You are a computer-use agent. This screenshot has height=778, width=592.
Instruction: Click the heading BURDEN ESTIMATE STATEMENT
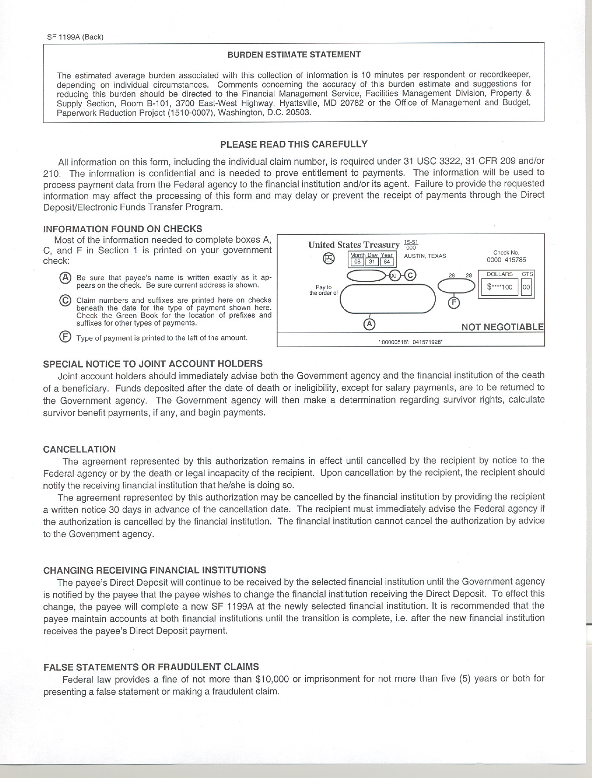coord(294,55)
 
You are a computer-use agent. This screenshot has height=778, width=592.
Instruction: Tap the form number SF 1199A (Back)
coord(75,37)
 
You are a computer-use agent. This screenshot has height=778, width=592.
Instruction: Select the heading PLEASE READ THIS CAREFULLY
coord(294,144)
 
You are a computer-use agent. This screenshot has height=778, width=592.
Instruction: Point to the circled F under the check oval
coord(453,303)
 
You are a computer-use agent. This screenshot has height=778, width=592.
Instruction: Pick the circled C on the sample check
coord(410,275)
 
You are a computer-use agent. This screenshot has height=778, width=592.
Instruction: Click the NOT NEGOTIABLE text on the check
coord(502,327)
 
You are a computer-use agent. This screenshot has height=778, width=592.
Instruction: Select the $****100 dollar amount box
coord(500,287)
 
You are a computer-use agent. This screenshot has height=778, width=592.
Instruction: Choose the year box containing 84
coord(387,262)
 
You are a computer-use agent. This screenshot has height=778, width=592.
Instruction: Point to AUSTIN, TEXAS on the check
coord(425,256)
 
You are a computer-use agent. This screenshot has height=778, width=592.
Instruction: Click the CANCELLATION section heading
coord(79,449)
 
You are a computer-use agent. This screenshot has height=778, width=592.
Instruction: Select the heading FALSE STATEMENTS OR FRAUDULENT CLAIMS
coord(151,667)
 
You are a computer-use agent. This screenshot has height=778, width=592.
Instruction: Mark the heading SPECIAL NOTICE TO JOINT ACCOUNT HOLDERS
coord(153,363)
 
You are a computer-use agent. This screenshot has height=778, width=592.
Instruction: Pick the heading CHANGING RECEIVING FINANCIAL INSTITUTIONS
coord(154,570)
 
